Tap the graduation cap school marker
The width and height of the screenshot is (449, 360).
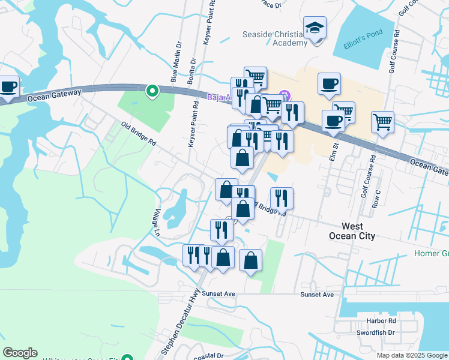point(315,29)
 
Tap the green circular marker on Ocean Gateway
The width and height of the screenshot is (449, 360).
point(152,91)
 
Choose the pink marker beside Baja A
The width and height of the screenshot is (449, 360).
point(285,95)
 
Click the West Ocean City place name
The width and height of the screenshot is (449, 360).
point(358,231)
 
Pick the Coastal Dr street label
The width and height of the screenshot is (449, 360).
point(208,355)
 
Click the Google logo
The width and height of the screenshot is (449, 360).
point(20,353)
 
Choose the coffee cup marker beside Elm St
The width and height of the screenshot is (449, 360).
point(333,121)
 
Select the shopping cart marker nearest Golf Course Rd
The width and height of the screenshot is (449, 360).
point(382,122)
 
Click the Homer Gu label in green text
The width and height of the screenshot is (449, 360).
point(431,254)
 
